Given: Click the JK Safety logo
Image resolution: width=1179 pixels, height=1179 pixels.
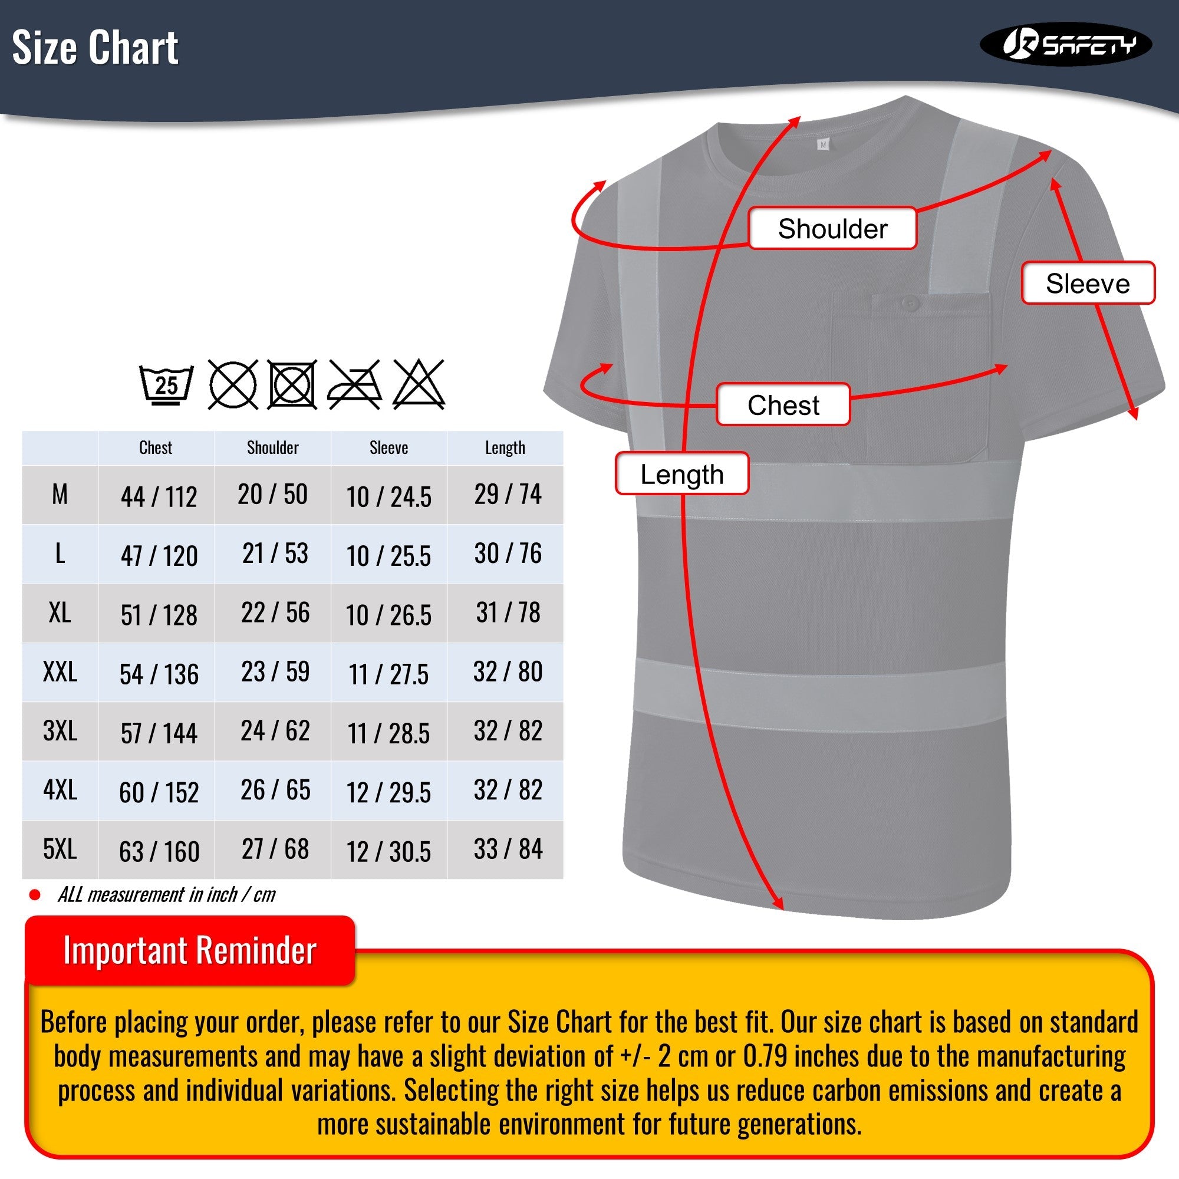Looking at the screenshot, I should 1065,44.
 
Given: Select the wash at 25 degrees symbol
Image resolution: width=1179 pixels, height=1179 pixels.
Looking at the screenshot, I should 166,385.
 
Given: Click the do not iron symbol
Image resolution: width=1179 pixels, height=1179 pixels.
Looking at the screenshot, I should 354,385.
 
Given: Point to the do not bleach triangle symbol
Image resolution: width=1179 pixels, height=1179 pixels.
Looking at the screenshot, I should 419,385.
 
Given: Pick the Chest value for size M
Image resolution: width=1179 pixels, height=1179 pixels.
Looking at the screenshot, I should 159,497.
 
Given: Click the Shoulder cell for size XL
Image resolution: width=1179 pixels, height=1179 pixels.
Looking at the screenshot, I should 275,612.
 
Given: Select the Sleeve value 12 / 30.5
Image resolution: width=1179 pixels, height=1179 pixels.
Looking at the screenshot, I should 388,851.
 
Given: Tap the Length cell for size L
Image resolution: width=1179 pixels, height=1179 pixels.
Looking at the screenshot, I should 508,554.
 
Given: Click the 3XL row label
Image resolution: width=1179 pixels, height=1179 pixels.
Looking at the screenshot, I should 60,730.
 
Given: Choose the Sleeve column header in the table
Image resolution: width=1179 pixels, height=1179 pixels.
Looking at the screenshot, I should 388,448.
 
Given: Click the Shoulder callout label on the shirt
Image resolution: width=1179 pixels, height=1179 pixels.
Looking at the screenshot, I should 832,229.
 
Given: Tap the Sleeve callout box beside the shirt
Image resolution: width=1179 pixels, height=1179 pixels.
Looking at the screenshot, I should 1088,283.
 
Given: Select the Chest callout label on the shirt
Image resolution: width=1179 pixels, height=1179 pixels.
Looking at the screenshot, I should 783,404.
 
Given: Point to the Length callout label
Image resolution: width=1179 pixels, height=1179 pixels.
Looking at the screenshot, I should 681,474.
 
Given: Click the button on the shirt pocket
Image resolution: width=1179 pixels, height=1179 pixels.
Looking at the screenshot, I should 910,302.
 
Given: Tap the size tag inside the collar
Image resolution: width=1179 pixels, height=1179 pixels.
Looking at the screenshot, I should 823,144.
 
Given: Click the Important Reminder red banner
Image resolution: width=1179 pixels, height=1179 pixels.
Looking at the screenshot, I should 190,950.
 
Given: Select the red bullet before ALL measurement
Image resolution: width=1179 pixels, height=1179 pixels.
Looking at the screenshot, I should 35,895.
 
